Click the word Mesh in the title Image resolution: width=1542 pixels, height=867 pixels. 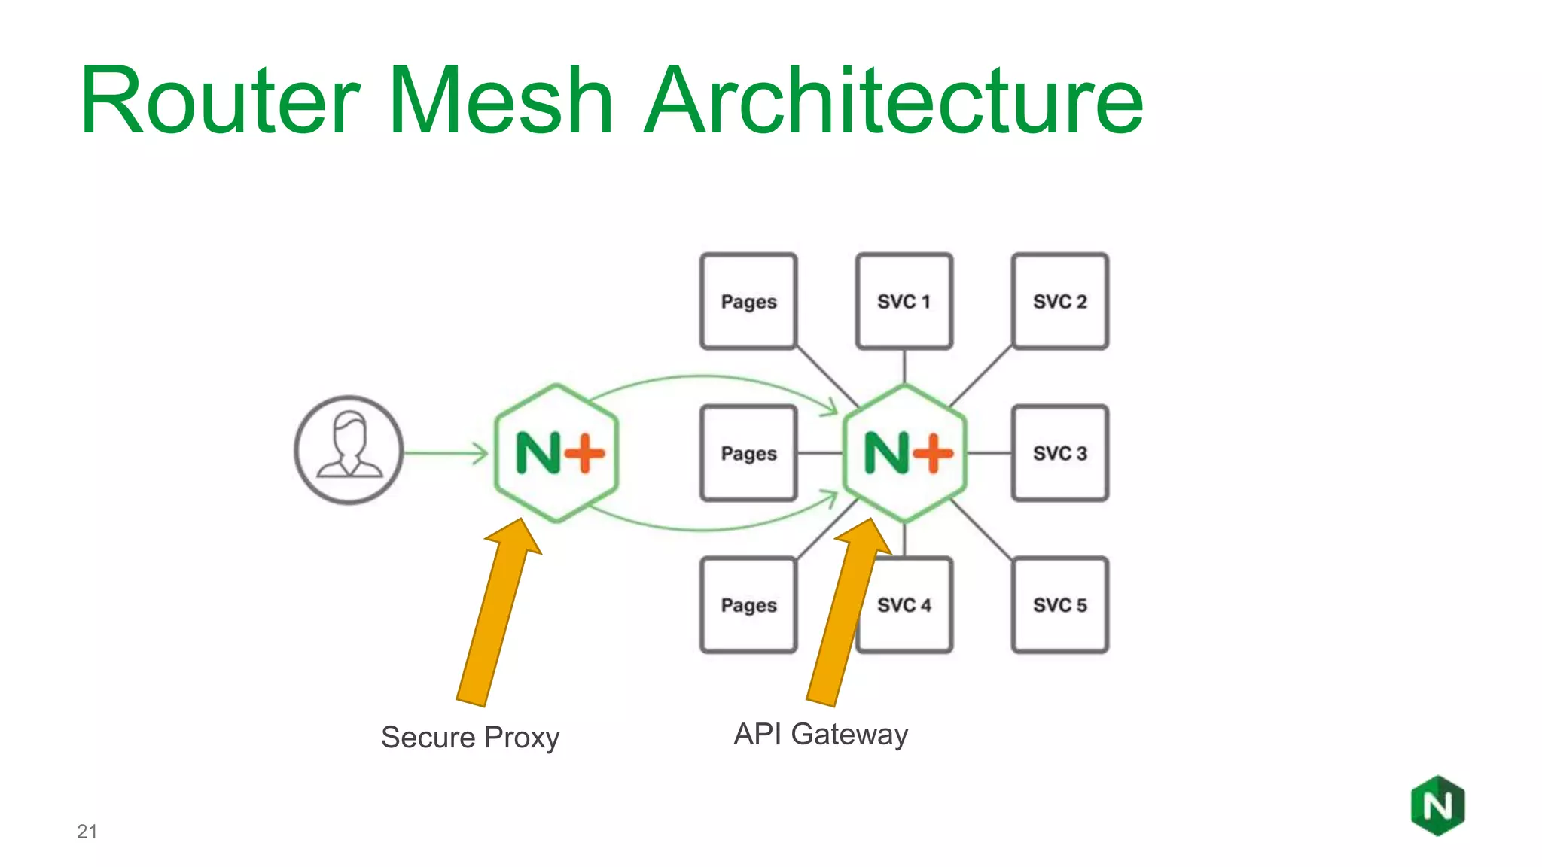[x=500, y=101]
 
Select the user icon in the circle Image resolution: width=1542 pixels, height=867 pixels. [x=349, y=450]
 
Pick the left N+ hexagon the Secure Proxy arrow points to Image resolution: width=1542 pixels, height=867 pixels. [x=557, y=453]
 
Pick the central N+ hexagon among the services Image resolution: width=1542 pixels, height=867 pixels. [x=904, y=453]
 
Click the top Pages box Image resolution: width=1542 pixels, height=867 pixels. [x=748, y=301]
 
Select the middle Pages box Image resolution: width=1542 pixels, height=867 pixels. [x=748, y=453]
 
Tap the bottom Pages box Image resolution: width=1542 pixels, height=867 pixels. [x=748, y=605]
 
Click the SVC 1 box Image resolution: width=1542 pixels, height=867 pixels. [x=904, y=301]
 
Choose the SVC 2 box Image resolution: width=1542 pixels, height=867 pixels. [x=1060, y=301]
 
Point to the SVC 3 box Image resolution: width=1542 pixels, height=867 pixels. [x=1060, y=453]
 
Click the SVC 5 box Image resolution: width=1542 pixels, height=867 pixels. [x=1060, y=605]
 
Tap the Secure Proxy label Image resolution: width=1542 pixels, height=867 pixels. [x=470, y=737]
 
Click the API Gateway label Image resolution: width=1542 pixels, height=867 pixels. [x=821, y=734]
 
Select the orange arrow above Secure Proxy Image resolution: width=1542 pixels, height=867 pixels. [x=497, y=617]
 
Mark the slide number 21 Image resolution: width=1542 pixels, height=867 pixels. [x=87, y=831]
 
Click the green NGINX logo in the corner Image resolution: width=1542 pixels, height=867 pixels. [x=1437, y=806]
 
